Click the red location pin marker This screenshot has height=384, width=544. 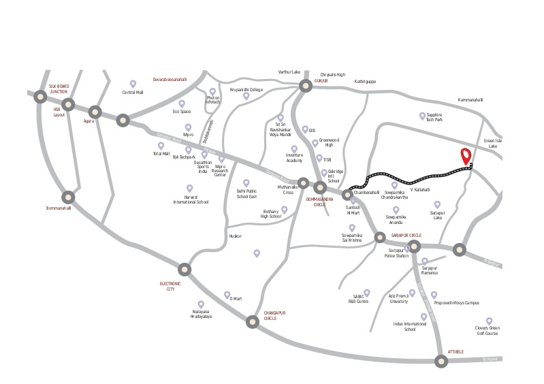[x=466, y=155]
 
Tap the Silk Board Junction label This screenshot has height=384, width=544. [x=59, y=89]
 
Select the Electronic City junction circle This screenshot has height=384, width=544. [x=185, y=269]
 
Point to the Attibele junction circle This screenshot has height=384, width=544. [x=441, y=362]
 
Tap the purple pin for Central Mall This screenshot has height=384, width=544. [x=133, y=84]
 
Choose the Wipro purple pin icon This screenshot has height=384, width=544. [x=188, y=127]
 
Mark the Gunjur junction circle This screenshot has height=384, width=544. [x=305, y=86]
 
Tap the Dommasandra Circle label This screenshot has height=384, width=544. [x=319, y=202]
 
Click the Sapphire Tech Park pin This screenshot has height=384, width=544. [x=422, y=116]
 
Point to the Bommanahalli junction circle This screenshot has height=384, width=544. [x=68, y=196]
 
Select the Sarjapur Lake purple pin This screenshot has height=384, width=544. [x=437, y=204]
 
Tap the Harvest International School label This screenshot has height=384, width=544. [x=191, y=199]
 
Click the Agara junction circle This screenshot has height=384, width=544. [x=95, y=112]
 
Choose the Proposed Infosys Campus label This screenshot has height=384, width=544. [x=457, y=302]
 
